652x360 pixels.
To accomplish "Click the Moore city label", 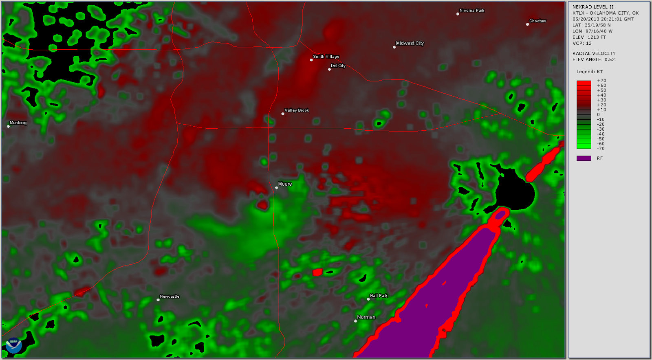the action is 285,184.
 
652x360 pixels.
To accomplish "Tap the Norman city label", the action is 366,317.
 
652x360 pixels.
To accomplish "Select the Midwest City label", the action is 410,43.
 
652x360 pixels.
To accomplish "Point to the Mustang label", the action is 18,123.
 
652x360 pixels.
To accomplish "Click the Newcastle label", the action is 170,296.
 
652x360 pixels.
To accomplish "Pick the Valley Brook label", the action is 297,110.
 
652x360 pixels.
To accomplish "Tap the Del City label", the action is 338,66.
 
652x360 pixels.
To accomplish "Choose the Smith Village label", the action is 326,57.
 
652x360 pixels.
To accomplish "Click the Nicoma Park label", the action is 472,11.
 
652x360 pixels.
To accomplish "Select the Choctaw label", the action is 537,21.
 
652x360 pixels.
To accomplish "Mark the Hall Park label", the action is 379,296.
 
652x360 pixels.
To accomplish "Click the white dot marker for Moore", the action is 276,188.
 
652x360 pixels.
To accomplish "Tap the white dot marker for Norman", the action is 355,321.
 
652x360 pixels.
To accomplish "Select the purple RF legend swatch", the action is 584,158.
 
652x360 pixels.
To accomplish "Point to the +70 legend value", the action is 601,81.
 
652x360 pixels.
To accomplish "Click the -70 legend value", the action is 601,149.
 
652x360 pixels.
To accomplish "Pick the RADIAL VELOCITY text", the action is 594,53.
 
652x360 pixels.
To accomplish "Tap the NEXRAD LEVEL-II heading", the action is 593,7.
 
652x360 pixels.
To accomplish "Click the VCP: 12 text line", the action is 582,43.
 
